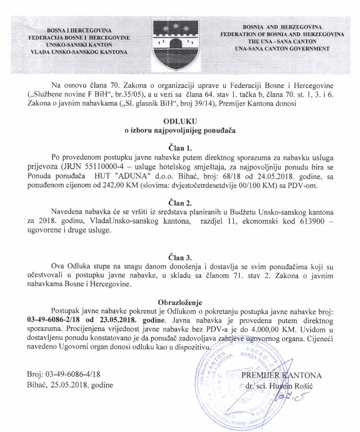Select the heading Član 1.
click(x=180, y=147)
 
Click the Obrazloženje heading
click(x=180, y=302)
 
